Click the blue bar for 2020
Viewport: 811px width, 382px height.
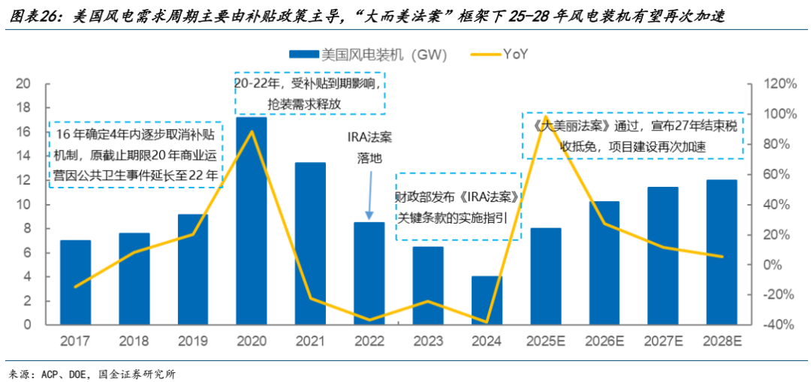[x=252, y=221]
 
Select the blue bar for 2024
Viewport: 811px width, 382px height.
[x=487, y=300]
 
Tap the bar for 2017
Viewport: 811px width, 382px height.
[x=75, y=282]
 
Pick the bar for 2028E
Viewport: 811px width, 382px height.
[x=722, y=252]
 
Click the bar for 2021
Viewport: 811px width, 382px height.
[x=310, y=243]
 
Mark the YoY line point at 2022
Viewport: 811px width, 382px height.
[x=369, y=320]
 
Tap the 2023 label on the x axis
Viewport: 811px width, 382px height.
[x=428, y=341]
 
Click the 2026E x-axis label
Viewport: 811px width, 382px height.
[x=604, y=341]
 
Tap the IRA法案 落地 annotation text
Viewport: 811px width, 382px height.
[x=369, y=148]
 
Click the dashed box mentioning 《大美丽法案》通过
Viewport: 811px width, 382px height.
[x=633, y=135]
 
